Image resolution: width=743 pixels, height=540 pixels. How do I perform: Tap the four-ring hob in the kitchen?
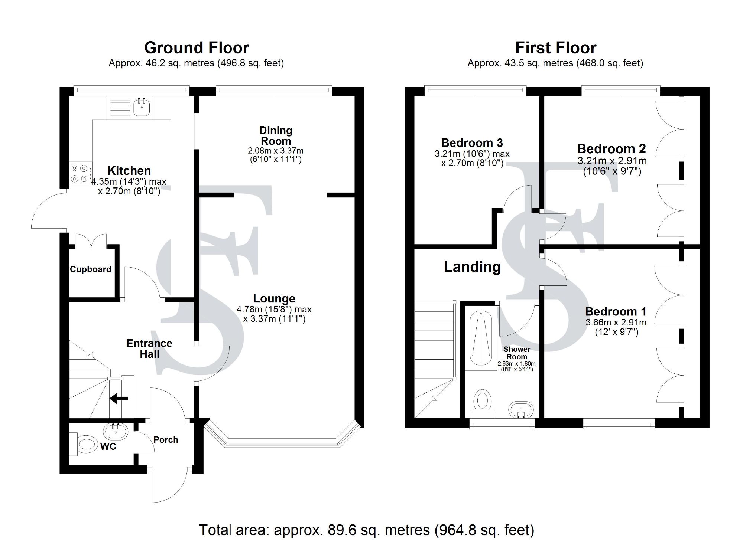click(80, 174)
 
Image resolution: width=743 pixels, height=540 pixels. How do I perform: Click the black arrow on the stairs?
click(119, 399)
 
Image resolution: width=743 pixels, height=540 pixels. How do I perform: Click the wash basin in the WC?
click(115, 432)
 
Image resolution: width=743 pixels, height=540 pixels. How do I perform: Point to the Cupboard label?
click(91, 269)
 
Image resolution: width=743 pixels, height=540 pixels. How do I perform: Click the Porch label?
click(166, 440)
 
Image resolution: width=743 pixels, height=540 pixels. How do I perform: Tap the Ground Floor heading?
click(197, 48)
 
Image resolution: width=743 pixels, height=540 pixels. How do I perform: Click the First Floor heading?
click(556, 48)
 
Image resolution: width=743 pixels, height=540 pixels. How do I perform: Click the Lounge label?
click(274, 298)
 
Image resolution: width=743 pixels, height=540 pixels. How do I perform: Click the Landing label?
click(472, 267)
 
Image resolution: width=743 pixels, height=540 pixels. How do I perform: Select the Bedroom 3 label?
click(472, 143)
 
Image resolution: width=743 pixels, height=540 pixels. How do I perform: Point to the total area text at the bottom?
click(366, 530)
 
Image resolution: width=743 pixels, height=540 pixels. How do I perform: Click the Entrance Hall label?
click(149, 348)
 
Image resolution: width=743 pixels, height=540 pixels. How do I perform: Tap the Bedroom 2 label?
click(611, 149)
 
